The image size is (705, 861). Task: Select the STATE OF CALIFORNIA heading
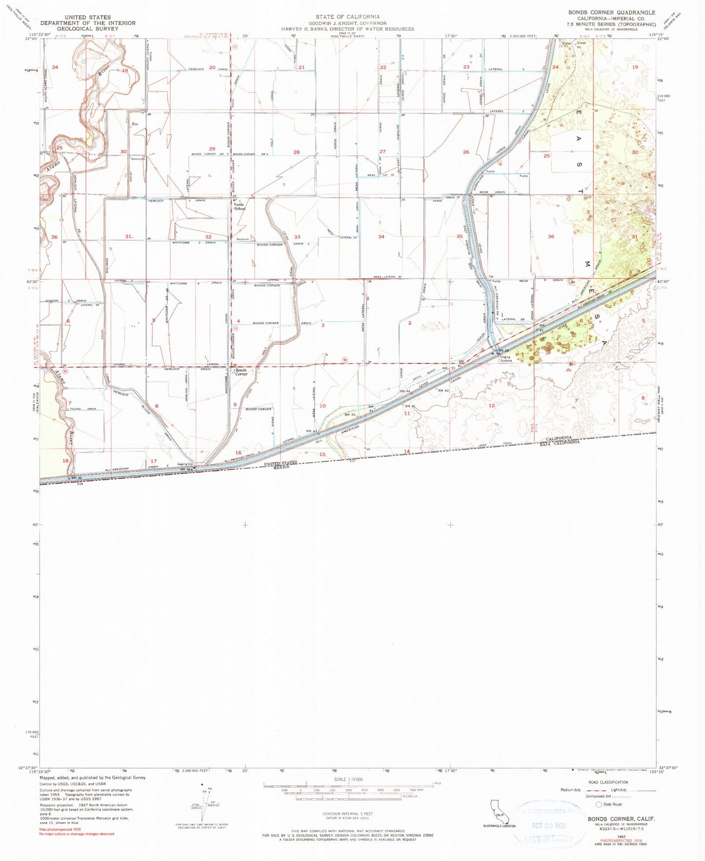(347, 17)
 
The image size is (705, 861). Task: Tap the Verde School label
(239, 207)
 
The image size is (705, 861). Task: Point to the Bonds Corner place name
(242, 372)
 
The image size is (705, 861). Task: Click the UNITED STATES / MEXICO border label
(280, 464)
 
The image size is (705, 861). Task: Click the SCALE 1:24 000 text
(348, 779)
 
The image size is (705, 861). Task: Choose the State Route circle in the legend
(599, 804)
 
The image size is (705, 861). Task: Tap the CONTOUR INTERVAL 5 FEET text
(348, 814)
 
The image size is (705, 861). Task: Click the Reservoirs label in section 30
(137, 159)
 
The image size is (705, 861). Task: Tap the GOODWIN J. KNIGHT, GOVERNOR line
(347, 23)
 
